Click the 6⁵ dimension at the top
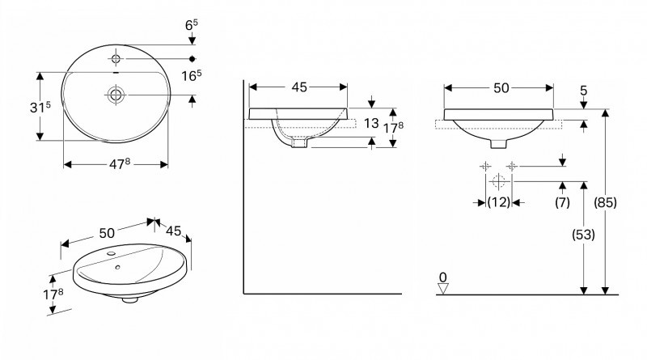[x=191, y=26]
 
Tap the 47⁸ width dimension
[x=116, y=164]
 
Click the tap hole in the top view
[x=116, y=59]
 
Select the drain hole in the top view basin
[x=116, y=95]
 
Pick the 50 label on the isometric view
[x=107, y=232]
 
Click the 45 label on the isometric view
[x=173, y=230]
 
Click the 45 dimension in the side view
[x=298, y=88]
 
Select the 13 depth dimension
[x=371, y=123]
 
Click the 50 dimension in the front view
[x=500, y=88]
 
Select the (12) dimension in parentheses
[x=498, y=202]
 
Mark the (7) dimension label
[x=563, y=202]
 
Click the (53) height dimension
[x=583, y=235]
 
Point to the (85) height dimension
[x=605, y=203]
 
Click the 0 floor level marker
[x=442, y=278]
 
